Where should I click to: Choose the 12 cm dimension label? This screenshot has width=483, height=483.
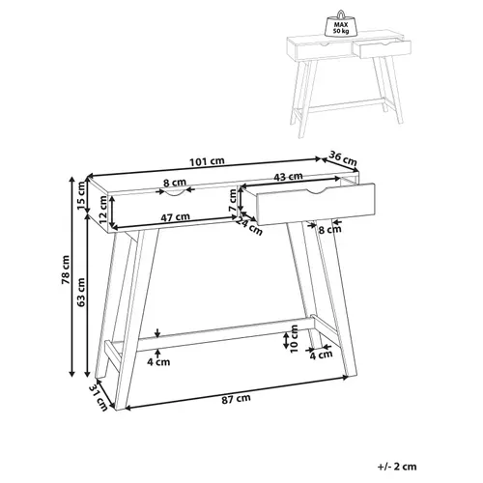point(104,213)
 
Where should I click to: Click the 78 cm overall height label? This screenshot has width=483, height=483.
point(63,281)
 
